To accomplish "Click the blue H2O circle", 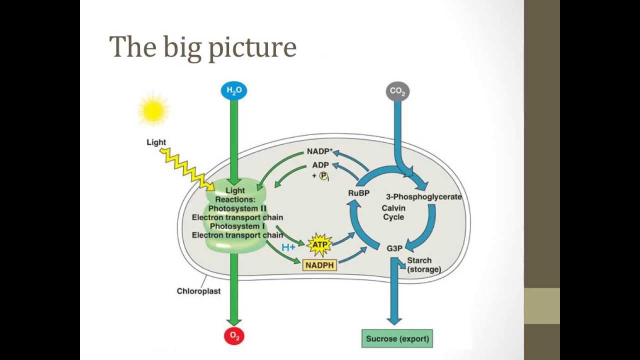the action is [234, 90].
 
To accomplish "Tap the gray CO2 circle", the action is [397, 91].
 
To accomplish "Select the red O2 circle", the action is [234, 336].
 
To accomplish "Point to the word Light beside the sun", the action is [156, 142].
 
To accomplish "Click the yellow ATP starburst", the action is [319, 244].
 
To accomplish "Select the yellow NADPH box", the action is [319, 265].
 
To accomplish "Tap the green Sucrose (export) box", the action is [397, 338].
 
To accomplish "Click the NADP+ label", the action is [319, 151].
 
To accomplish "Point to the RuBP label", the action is [358, 193].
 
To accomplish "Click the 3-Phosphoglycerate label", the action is [423, 196].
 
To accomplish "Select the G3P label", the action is [394, 248].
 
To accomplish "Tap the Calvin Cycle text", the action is [393, 212].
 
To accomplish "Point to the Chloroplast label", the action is [198, 291].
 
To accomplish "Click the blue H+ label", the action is [288, 247].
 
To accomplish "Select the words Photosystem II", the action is [237, 208].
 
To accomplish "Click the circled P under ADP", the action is [323, 176].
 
